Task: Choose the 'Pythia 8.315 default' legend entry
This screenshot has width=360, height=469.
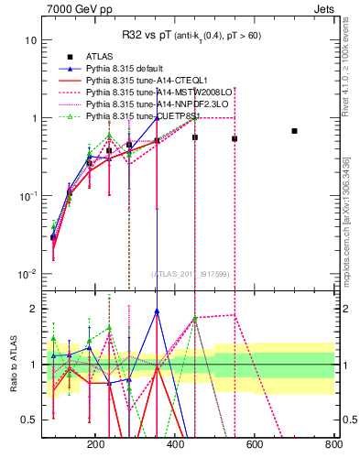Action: [128, 69]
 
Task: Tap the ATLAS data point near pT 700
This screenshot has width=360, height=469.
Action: [294, 131]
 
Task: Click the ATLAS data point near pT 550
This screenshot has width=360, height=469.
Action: [235, 139]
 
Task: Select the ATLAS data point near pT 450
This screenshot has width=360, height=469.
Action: [195, 137]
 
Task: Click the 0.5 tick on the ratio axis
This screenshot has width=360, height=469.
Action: [28, 420]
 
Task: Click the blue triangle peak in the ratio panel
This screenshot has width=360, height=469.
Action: [157, 311]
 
